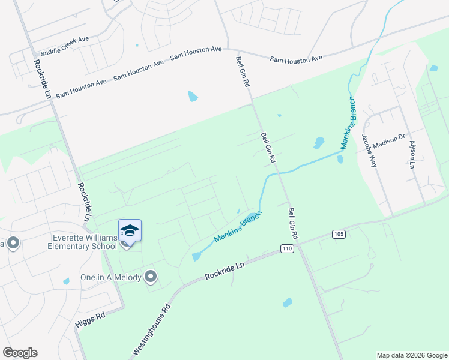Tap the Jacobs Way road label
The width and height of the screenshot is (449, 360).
(x=368, y=150)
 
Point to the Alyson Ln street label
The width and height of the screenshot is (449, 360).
(x=412, y=154)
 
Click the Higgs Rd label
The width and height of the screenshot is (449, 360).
(x=91, y=320)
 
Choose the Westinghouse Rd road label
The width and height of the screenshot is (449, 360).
(x=151, y=331)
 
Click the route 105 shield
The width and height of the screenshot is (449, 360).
(x=337, y=233)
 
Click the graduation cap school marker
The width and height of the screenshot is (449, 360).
(x=130, y=230)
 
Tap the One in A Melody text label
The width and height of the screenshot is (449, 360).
(x=110, y=277)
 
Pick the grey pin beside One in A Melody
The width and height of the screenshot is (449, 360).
(x=151, y=277)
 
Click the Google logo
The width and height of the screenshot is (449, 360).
(x=20, y=353)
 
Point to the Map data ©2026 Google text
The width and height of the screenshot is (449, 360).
(x=411, y=355)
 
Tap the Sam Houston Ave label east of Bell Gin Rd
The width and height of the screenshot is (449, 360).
(x=296, y=59)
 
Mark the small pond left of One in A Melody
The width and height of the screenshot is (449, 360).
(x=66, y=281)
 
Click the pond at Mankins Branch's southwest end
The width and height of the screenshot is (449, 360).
(x=196, y=257)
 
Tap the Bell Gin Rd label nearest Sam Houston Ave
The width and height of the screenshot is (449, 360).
(x=243, y=73)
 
